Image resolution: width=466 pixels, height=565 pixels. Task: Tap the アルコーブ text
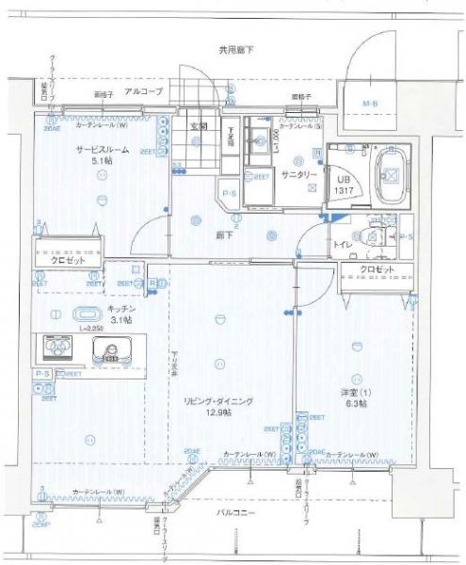click(144, 91)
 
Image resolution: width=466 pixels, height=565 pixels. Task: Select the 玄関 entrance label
click(199, 126)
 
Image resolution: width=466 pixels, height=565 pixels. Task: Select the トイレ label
click(342, 243)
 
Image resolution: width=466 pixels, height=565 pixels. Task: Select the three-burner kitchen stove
click(58, 350)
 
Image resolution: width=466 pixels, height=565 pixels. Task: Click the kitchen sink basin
click(114, 351)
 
